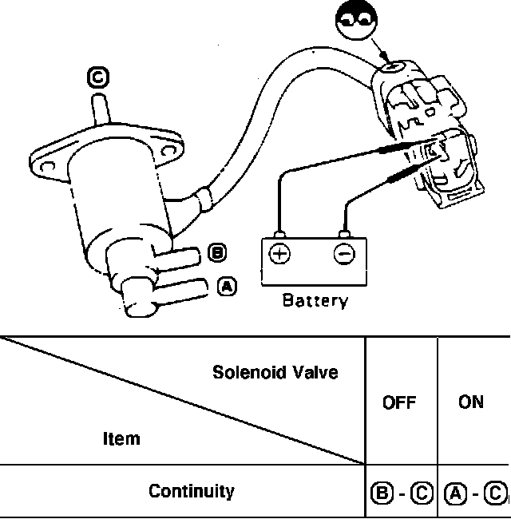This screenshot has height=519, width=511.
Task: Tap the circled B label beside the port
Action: click(216, 254)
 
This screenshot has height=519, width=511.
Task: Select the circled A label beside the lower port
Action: click(228, 286)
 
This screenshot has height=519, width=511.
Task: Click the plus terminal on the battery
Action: click(279, 254)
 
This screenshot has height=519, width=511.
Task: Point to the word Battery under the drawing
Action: click(315, 301)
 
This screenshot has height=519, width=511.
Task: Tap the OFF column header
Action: click(399, 402)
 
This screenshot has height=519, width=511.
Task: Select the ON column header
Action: click(471, 402)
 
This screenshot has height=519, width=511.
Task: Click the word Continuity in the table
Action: click(192, 490)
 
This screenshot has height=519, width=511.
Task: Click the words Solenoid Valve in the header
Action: click(275, 372)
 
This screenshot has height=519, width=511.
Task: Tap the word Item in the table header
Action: click(121, 438)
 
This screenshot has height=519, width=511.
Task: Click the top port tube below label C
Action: click(100, 108)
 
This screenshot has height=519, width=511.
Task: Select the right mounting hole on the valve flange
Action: click(168, 149)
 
